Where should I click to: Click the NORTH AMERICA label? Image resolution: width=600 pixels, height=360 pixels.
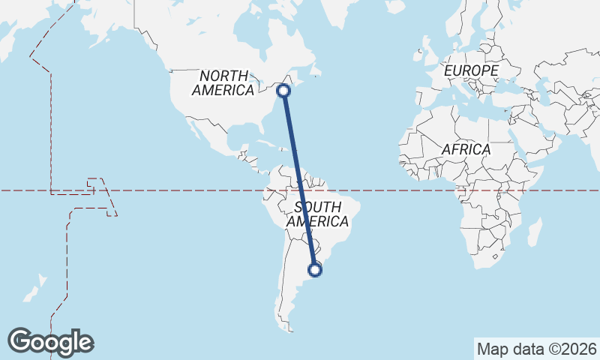pyautogui.click(x=223, y=83)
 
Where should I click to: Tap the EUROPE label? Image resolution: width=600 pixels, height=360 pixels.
pyautogui.click(x=471, y=70)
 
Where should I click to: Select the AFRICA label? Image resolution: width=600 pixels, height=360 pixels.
pyautogui.click(x=466, y=149)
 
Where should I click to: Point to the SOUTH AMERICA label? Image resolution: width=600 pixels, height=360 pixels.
pyautogui.click(x=317, y=214)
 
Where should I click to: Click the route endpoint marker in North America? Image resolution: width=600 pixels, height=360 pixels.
pyautogui.click(x=283, y=91)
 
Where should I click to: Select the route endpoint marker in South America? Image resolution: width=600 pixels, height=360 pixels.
pyautogui.click(x=316, y=269)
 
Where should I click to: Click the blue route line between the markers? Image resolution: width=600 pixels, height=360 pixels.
pyautogui.click(x=299, y=180)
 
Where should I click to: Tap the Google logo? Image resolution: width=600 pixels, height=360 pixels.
pyautogui.click(x=50, y=342)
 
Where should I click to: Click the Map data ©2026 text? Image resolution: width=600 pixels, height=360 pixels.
pyautogui.click(x=536, y=349)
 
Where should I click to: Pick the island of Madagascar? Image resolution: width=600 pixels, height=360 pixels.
pyautogui.click(x=534, y=232)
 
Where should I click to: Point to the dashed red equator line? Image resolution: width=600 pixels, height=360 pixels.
pyautogui.click(x=187, y=190)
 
